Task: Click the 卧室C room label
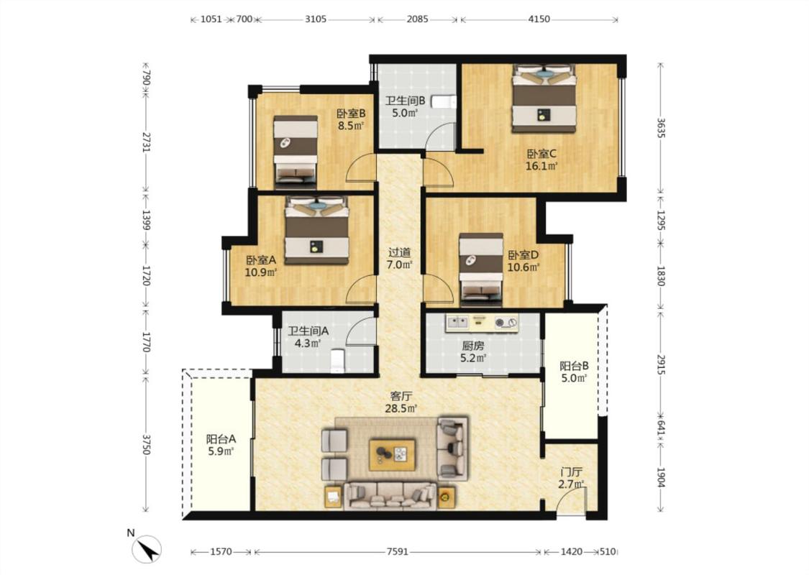point(541,154)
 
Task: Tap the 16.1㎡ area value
point(541,166)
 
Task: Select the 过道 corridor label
point(399,253)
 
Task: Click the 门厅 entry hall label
point(572,472)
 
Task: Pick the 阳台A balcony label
point(221,439)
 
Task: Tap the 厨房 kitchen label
point(472,346)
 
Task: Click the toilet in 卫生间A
point(337,361)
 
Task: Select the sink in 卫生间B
point(444,101)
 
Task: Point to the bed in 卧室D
point(481,266)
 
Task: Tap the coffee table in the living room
point(392,454)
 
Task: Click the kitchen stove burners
point(505,323)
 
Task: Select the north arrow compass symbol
point(146,548)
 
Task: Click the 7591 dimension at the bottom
point(397,552)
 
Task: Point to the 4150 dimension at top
point(539,19)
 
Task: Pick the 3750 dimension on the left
point(146,444)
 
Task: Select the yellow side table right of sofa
point(447,497)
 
